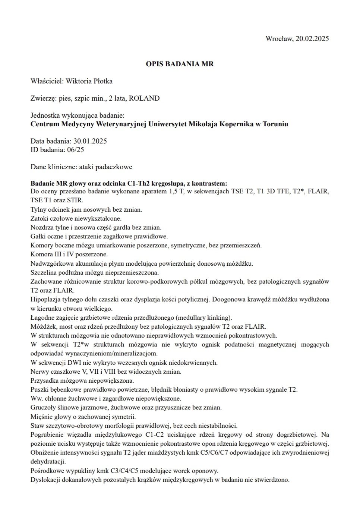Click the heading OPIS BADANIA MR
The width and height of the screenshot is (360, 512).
pos(180,64)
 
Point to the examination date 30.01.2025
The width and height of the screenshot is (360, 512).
pos(90,142)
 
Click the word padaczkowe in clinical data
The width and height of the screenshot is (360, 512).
pos(114,167)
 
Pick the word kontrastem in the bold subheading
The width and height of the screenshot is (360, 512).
pos(210,183)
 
